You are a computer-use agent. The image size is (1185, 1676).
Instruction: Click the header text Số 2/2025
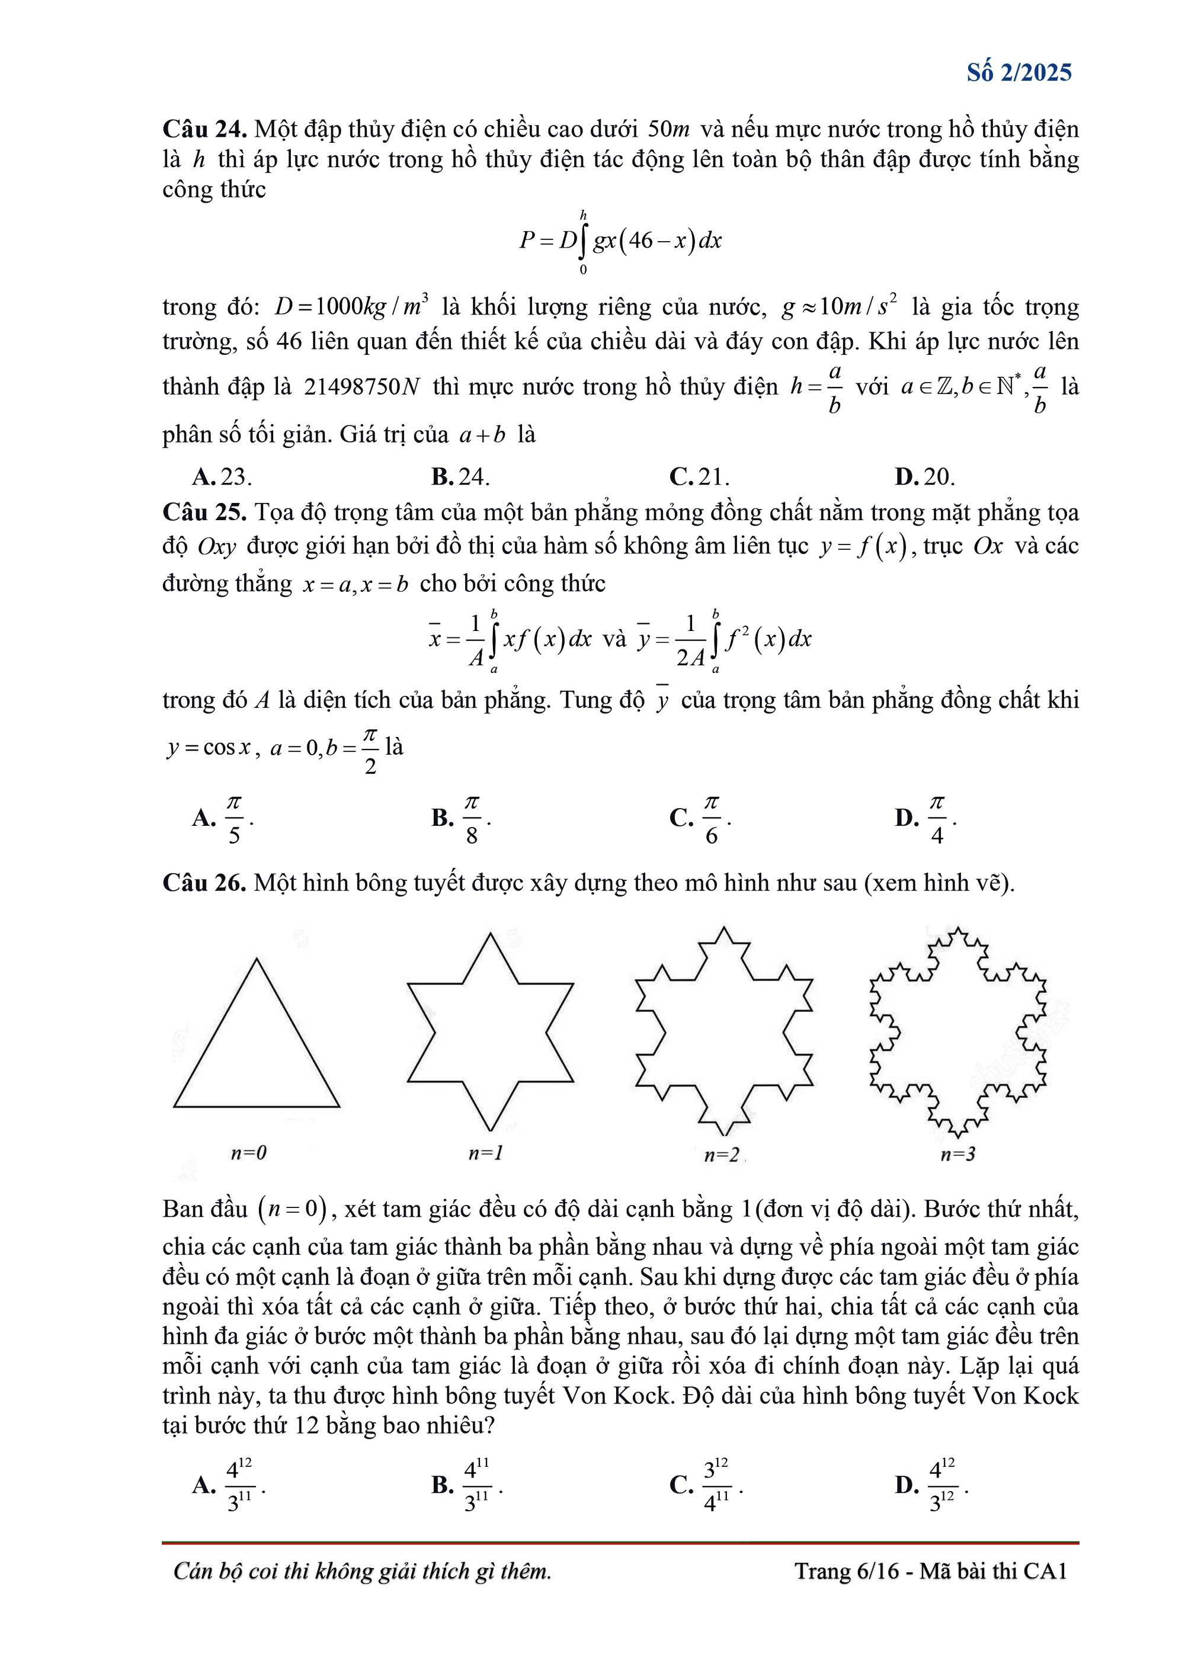pos(1019,72)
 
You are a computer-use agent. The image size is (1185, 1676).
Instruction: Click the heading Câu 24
pos(204,129)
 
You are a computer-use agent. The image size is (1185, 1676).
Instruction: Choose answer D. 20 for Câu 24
pos(924,477)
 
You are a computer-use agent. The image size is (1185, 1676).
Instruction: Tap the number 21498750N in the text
pos(362,386)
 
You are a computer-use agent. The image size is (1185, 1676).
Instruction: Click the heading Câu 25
pos(204,512)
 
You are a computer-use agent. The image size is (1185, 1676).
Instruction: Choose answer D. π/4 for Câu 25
pos(925,818)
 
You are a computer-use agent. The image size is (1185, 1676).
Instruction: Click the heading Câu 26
pos(204,883)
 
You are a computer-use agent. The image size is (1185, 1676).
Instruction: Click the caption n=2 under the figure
pos(721,1155)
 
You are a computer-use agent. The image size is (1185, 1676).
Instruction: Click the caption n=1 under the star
pos(485,1153)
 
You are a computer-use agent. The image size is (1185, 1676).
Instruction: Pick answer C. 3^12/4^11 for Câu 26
pos(705,1485)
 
